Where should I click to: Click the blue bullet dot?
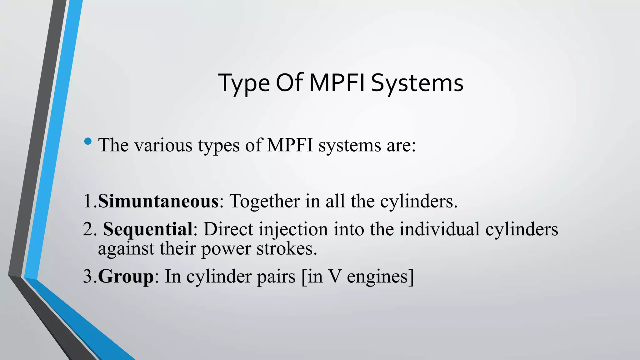(x=88, y=142)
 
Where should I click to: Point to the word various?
(x=163, y=145)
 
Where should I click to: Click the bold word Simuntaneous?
(x=158, y=201)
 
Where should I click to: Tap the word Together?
(x=264, y=201)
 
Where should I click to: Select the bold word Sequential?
(x=147, y=229)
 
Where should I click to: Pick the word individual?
(x=439, y=229)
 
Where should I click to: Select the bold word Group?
(x=126, y=277)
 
